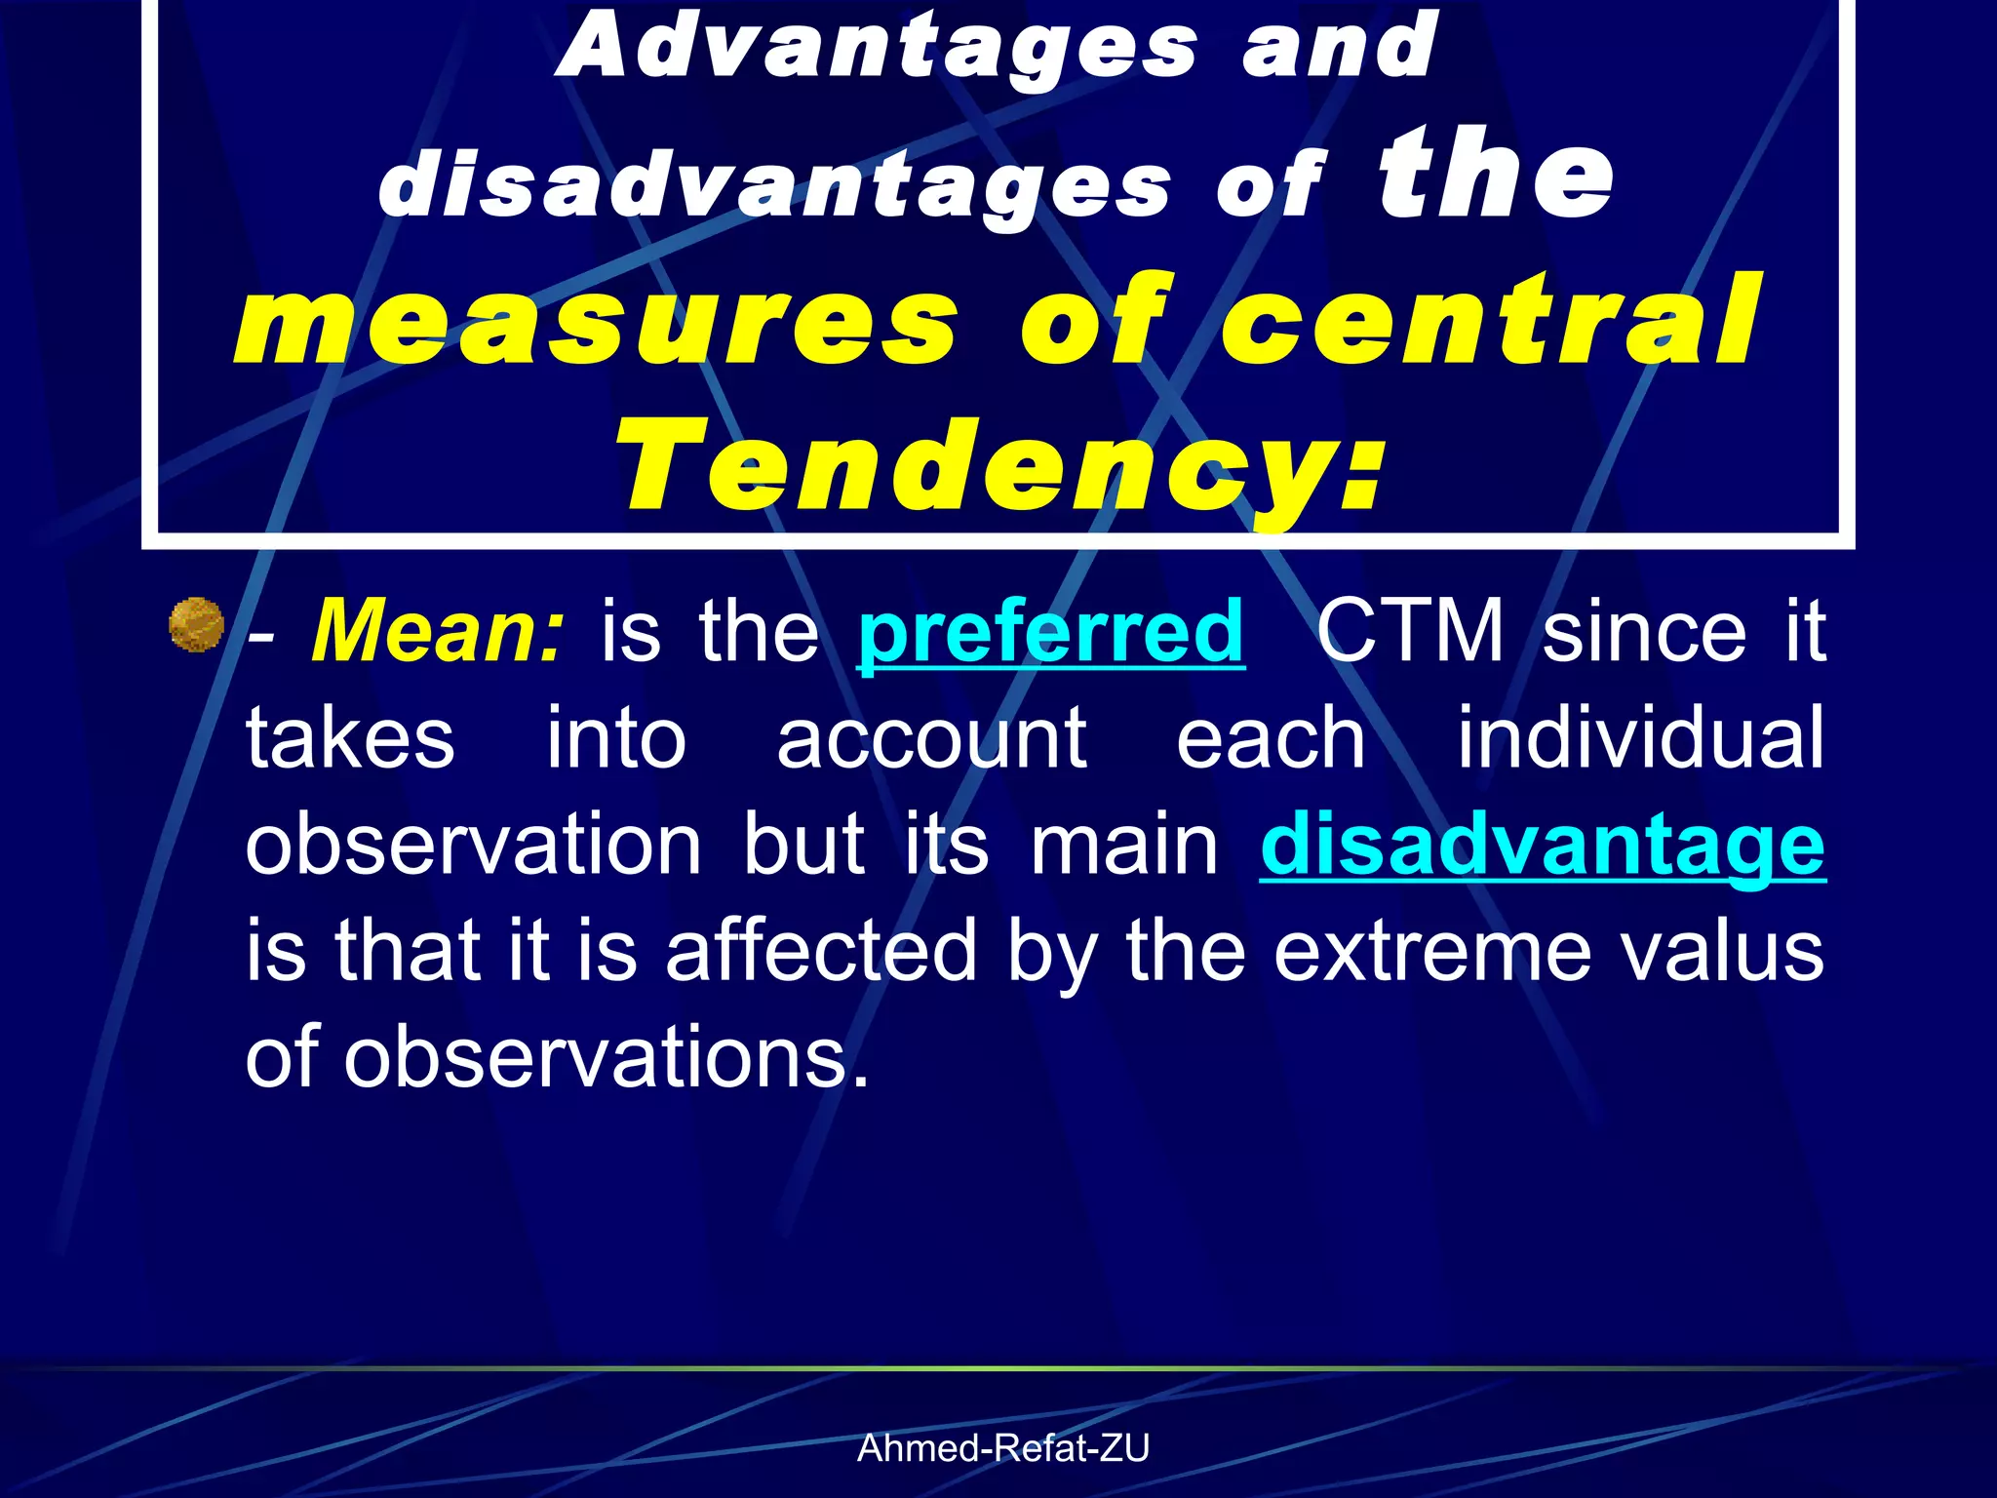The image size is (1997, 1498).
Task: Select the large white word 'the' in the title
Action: point(1496,176)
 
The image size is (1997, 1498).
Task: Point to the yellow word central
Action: point(1492,322)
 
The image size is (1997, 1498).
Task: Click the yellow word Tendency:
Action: point(998,466)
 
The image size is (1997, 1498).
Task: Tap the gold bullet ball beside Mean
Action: point(196,625)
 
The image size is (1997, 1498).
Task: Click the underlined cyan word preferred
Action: point(1051,632)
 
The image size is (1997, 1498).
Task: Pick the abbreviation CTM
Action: point(1410,632)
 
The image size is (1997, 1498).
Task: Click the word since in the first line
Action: point(1645,632)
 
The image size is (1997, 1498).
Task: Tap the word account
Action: point(931,738)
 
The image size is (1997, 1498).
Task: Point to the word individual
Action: point(1640,738)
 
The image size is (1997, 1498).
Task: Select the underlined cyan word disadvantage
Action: point(1542,845)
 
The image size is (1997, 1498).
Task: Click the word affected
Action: point(820,951)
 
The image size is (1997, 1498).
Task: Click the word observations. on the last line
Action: point(605,1057)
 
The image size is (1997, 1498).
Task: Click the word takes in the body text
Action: point(350,738)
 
